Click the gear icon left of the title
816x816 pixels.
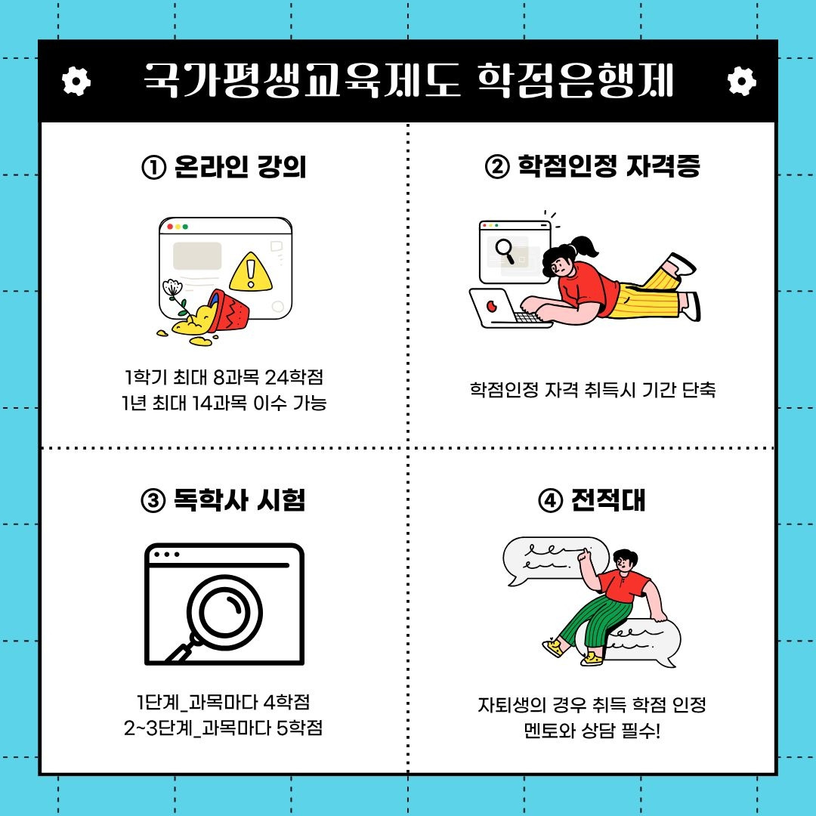click(x=76, y=81)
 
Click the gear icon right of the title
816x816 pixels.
click(x=742, y=81)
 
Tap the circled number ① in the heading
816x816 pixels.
click(x=153, y=168)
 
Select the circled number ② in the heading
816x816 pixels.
click(x=497, y=167)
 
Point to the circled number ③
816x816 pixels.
click(x=153, y=501)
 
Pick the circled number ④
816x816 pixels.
click(x=550, y=501)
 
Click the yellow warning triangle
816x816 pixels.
click(x=251, y=272)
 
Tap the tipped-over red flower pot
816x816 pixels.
click(x=227, y=311)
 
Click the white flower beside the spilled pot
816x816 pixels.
click(x=172, y=288)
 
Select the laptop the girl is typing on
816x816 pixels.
click(x=510, y=308)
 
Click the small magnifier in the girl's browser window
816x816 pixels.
click(x=505, y=251)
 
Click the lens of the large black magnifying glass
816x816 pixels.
click(x=224, y=612)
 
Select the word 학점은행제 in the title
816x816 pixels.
click(x=576, y=81)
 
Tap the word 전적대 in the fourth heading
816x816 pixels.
click(x=607, y=500)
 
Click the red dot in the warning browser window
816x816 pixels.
click(x=170, y=227)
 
